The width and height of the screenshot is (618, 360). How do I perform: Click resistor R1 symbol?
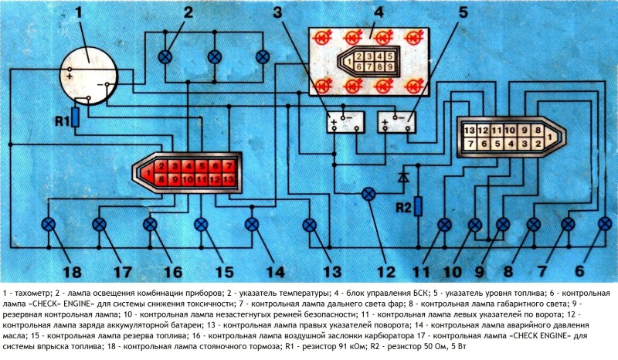pyautogui.click(x=74, y=117)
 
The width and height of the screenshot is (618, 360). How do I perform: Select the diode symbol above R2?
pyautogui.click(x=402, y=177)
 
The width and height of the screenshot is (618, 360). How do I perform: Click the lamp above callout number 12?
pyautogui.click(x=370, y=192)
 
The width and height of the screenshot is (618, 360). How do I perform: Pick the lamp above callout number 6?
pyautogui.click(x=605, y=224)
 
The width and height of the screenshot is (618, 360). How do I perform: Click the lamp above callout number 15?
pyautogui.click(x=201, y=224)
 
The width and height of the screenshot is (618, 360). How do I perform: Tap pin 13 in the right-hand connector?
pyautogui.click(x=469, y=128)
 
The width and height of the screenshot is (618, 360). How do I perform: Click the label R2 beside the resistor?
pyautogui.click(x=401, y=207)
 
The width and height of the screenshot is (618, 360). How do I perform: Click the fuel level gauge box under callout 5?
pyautogui.click(x=396, y=121)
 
